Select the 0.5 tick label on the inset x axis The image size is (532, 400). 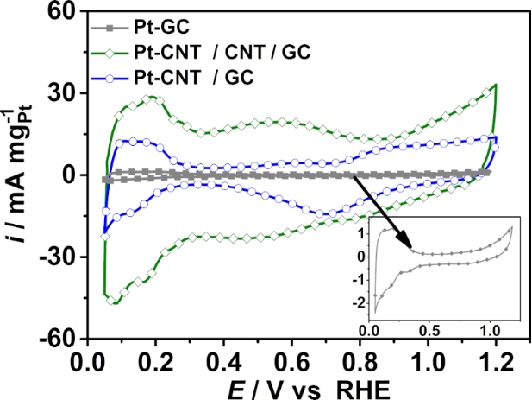pyautogui.click(x=429, y=330)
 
